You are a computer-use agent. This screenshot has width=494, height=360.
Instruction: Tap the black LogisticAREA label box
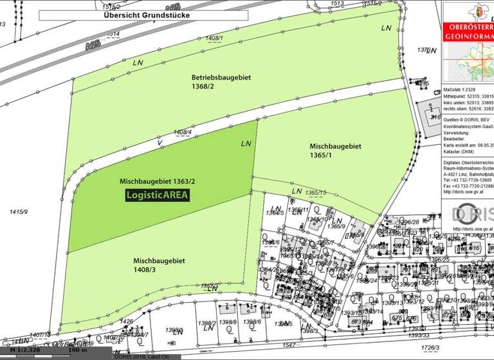[x=158, y=195]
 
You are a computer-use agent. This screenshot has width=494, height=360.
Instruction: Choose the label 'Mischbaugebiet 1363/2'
[x=158, y=182]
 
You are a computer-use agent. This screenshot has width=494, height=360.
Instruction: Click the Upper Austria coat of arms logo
[x=464, y=12]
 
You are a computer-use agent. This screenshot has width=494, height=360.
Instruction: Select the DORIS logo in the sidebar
[x=472, y=213]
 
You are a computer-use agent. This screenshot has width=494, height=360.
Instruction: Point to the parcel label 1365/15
[x=316, y=193]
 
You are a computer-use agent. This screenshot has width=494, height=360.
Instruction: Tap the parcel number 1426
[x=127, y=321]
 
